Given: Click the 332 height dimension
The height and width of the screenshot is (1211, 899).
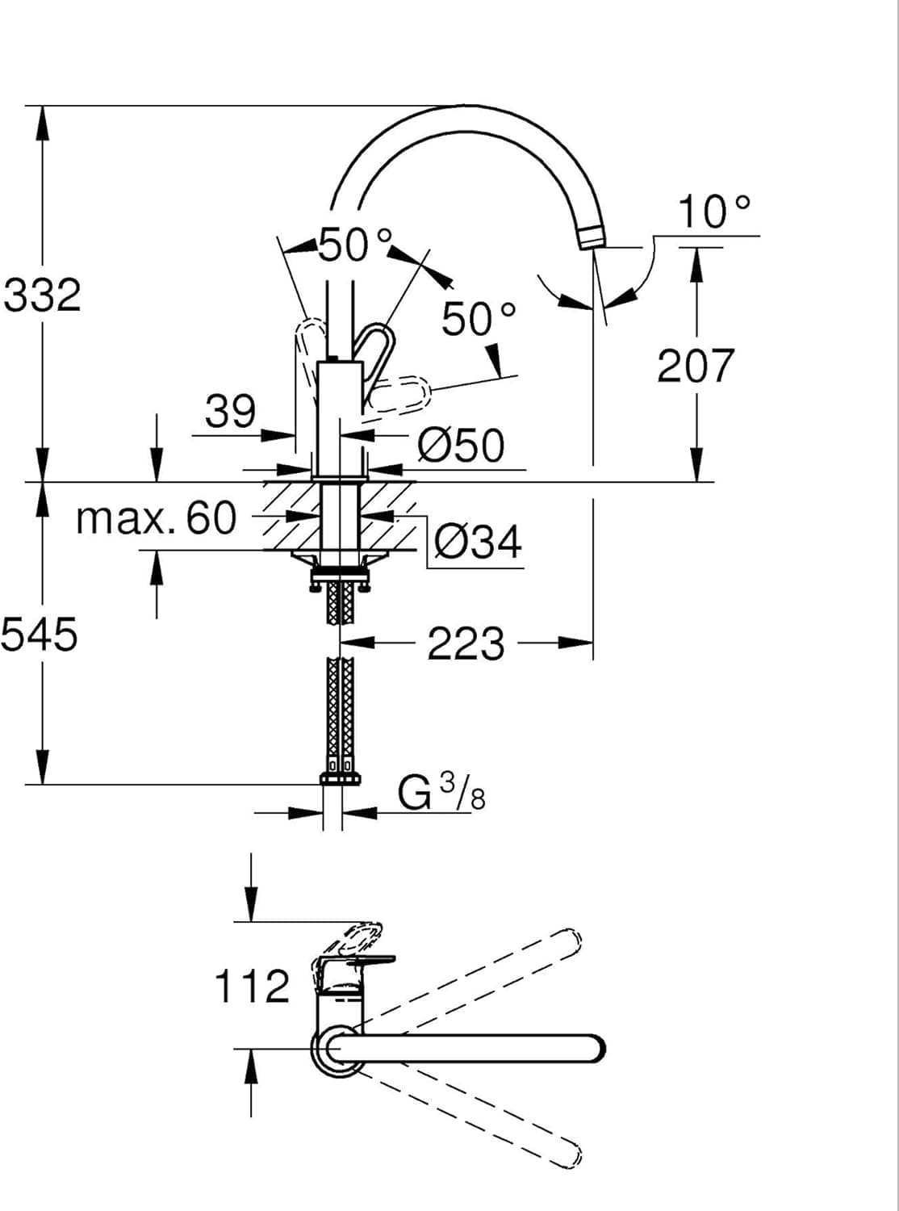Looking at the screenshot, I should pyautogui.click(x=43, y=295).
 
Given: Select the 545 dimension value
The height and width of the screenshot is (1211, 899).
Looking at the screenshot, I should pyautogui.click(x=40, y=635).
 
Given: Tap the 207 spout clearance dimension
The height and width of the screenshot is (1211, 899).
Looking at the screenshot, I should pyautogui.click(x=696, y=366).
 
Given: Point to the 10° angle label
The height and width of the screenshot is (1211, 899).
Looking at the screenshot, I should pyautogui.click(x=713, y=212).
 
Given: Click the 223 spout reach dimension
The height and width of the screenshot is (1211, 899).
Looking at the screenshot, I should pyautogui.click(x=466, y=644).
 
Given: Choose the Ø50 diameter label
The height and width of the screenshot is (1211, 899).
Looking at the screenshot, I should pyautogui.click(x=462, y=445).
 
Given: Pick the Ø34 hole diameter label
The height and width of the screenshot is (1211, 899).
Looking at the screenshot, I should pyautogui.click(x=478, y=542).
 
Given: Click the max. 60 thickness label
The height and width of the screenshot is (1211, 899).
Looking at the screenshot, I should pyautogui.click(x=156, y=518).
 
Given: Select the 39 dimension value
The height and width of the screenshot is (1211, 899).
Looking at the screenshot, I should pyautogui.click(x=230, y=412).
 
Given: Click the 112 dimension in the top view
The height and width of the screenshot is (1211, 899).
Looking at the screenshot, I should pyautogui.click(x=251, y=987).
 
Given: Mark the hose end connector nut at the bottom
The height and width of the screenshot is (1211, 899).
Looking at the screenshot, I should pyautogui.click(x=341, y=779).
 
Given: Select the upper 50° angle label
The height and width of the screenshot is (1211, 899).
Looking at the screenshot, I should pyautogui.click(x=356, y=244).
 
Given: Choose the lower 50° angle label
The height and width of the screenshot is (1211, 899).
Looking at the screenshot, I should pyautogui.click(x=478, y=319).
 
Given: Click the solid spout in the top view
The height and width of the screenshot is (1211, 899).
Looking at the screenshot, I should pyautogui.click(x=468, y=1048).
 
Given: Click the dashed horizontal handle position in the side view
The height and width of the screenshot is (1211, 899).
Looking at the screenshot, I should pyautogui.click(x=398, y=395).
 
